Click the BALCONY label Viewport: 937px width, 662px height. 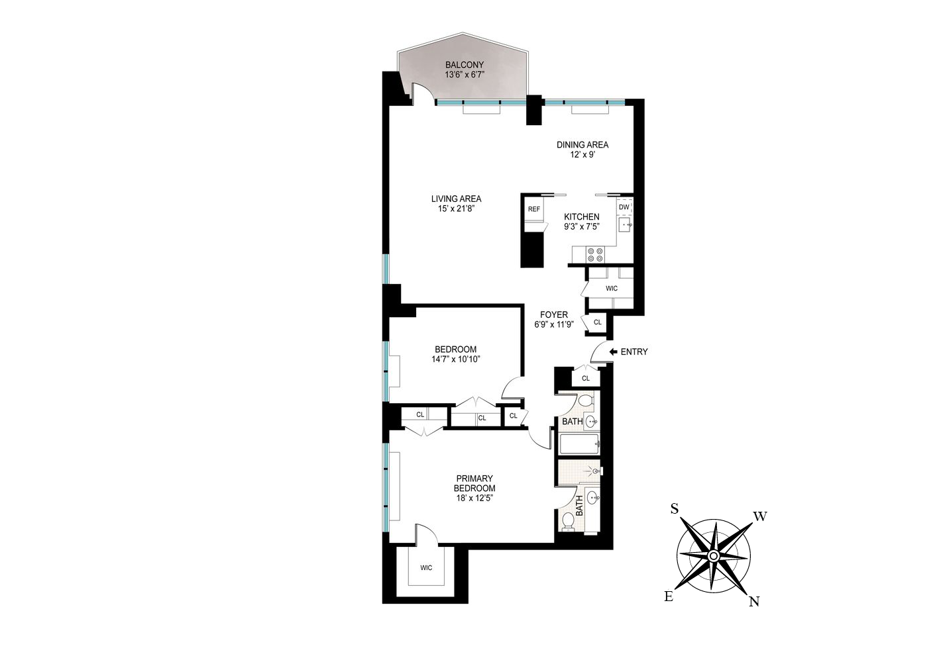(x=464, y=65)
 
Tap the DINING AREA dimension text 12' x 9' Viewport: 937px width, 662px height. (x=582, y=155)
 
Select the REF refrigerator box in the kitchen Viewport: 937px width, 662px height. (x=533, y=209)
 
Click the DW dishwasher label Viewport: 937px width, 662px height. (x=624, y=207)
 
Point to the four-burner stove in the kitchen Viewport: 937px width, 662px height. (x=594, y=255)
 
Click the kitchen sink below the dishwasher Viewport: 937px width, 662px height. (x=625, y=225)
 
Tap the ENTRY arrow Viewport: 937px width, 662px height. (x=613, y=352)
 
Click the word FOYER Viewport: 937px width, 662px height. (x=553, y=315)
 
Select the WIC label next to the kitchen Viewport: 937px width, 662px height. (x=611, y=289)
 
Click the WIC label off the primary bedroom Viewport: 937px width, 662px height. (x=425, y=568)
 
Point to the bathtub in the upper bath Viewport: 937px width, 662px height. (x=579, y=444)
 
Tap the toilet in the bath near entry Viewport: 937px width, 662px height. (x=584, y=401)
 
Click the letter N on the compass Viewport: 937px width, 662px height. (x=753, y=601)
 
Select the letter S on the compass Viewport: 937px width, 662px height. (x=674, y=508)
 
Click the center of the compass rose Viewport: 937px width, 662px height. (x=713, y=555)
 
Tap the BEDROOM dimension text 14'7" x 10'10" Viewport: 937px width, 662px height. (x=455, y=359)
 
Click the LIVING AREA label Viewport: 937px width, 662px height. (x=456, y=199)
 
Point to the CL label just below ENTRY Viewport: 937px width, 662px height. (x=585, y=379)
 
